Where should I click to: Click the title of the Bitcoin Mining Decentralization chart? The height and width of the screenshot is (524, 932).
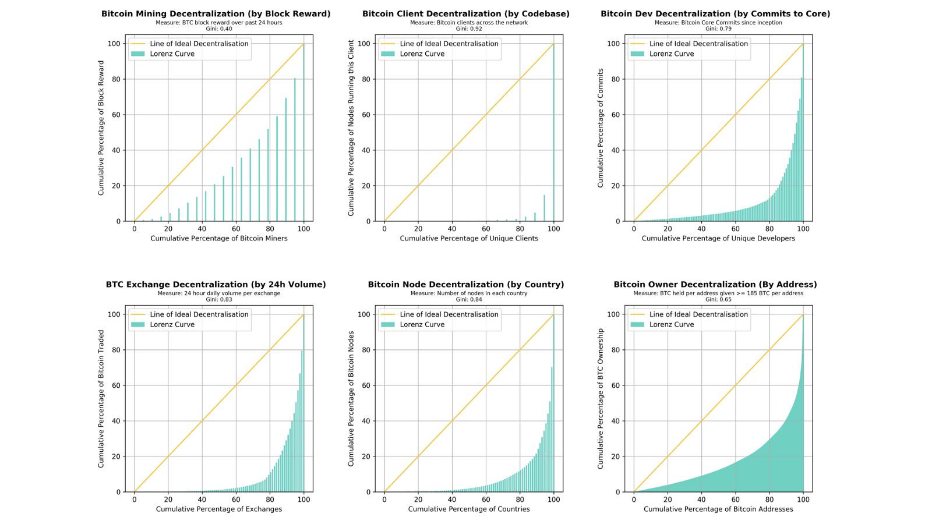(216, 13)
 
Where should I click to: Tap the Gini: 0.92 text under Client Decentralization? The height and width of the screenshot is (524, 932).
(469, 29)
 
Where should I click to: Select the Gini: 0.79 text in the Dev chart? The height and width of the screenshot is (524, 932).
(718, 29)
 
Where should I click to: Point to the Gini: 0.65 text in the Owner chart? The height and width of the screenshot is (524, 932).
(718, 299)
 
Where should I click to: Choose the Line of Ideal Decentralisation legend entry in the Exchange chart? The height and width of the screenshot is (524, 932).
(199, 314)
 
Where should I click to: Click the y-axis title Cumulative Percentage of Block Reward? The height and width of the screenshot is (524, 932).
(101, 128)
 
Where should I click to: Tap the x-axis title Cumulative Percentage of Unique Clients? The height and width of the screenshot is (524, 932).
(469, 238)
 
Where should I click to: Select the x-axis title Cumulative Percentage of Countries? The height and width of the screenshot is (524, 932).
(469, 509)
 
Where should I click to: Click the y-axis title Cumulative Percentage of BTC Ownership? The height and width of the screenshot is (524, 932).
(601, 398)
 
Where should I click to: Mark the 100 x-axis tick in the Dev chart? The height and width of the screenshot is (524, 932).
(803, 229)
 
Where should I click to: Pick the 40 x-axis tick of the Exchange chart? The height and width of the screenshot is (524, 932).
(202, 500)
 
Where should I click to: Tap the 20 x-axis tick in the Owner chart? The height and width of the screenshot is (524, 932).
(668, 500)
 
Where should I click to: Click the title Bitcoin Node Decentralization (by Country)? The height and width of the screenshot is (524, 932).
(466, 284)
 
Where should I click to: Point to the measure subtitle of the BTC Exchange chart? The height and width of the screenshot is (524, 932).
(218, 293)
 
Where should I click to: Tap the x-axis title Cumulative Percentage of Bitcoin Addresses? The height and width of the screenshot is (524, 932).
(718, 509)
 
